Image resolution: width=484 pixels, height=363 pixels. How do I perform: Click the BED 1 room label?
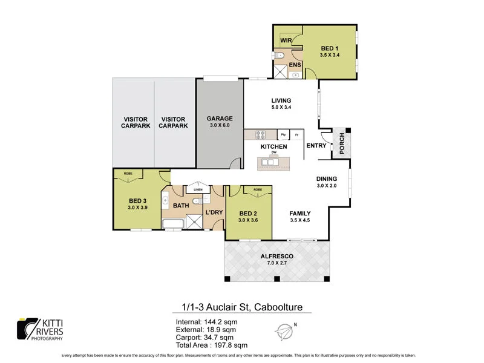[x=329, y=48]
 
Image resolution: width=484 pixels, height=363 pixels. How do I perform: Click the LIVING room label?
[x=281, y=100]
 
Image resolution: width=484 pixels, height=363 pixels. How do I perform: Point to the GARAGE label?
[x=219, y=119]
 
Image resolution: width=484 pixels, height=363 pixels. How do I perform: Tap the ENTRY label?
[x=316, y=146]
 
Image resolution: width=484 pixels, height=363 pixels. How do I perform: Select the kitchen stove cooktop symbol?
[x=261, y=134]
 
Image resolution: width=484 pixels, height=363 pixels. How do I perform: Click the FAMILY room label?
[x=299, y=213]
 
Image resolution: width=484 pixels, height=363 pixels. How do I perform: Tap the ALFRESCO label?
[x=278, y=256]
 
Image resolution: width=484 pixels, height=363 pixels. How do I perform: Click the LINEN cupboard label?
[x=197, y=189]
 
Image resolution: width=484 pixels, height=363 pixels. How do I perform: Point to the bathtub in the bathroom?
[x=174, y=225]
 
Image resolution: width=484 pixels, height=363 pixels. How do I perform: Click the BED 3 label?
[x=138, y=201]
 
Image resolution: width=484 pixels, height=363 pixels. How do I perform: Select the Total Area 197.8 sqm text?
[x=211, y=345]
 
